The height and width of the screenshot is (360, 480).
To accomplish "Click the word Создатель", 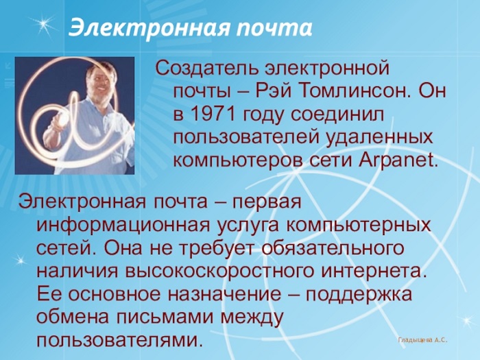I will click(206, 68).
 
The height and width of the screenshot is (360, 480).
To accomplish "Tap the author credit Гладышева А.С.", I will click(422, 340).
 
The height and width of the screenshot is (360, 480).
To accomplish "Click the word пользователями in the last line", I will click(120, 339).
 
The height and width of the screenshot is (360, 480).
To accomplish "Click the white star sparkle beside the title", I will click(45, 25).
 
